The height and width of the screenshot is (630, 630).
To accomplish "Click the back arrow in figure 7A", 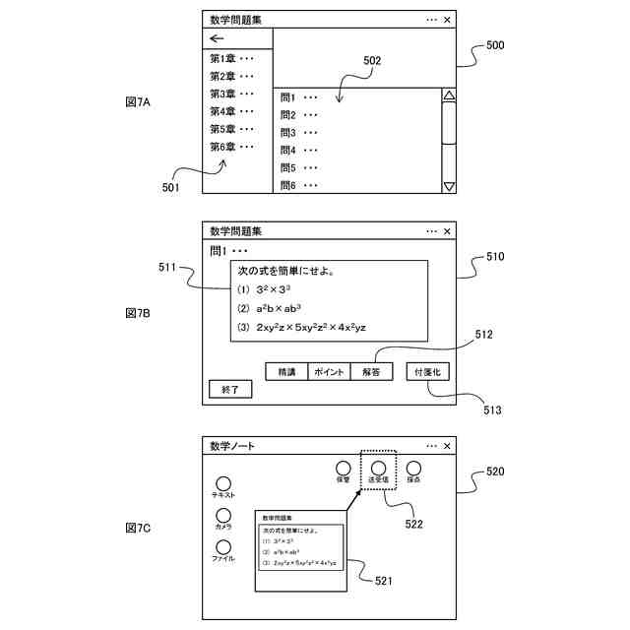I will [218, 39].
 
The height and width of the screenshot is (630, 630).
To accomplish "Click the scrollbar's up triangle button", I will [449, 96].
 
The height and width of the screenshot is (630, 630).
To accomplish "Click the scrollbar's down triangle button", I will [449, 186].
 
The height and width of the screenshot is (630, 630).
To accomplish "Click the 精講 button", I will [285, 372].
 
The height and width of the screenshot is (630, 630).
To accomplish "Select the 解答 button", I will [370, 372].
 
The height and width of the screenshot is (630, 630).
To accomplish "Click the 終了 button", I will [230, 390].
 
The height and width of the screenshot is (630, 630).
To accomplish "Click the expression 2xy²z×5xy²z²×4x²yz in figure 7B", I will [309, 328].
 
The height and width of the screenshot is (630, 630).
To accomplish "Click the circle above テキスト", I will [223, 483].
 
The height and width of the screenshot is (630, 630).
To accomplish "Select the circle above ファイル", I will [223, 547].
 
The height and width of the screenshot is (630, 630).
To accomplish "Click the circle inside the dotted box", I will [378, 469].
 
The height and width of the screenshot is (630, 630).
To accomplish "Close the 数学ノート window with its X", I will [448, 446].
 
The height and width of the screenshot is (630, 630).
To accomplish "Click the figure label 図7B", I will [139, 312].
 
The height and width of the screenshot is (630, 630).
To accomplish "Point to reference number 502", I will [371, 60].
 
